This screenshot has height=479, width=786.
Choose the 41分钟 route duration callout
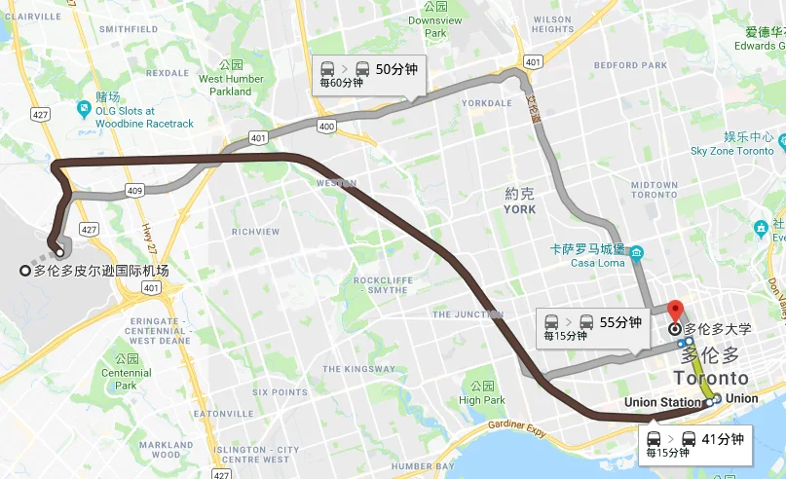click(697, 444)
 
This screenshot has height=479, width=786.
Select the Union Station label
click(662, 402)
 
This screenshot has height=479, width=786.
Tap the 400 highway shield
click(326, 127)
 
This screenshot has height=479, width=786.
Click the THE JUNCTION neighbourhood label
click(468, 314)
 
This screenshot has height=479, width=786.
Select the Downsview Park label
click(429, 26)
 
